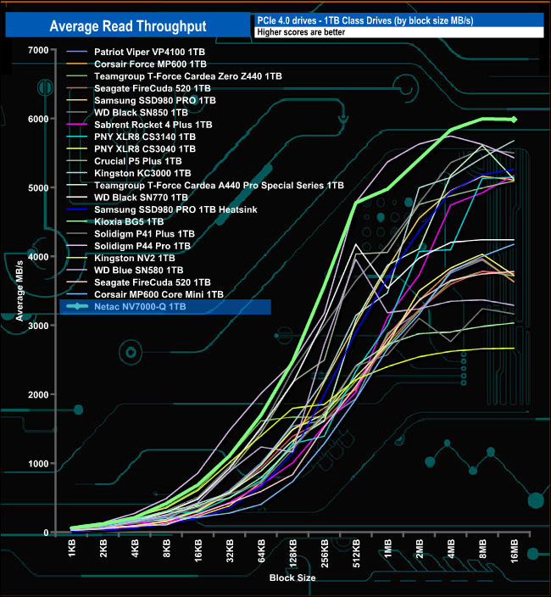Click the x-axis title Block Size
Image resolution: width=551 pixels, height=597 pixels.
pyautogui.click(x=293, y=577)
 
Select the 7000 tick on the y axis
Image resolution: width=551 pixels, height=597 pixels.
pyautogui.click(x=38, y=50)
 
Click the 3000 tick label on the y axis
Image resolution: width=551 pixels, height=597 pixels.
pyautogui.click(x=38, y=326)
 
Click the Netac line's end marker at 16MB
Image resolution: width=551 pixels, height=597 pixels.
pyautogui.click(x=514, y=120)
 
